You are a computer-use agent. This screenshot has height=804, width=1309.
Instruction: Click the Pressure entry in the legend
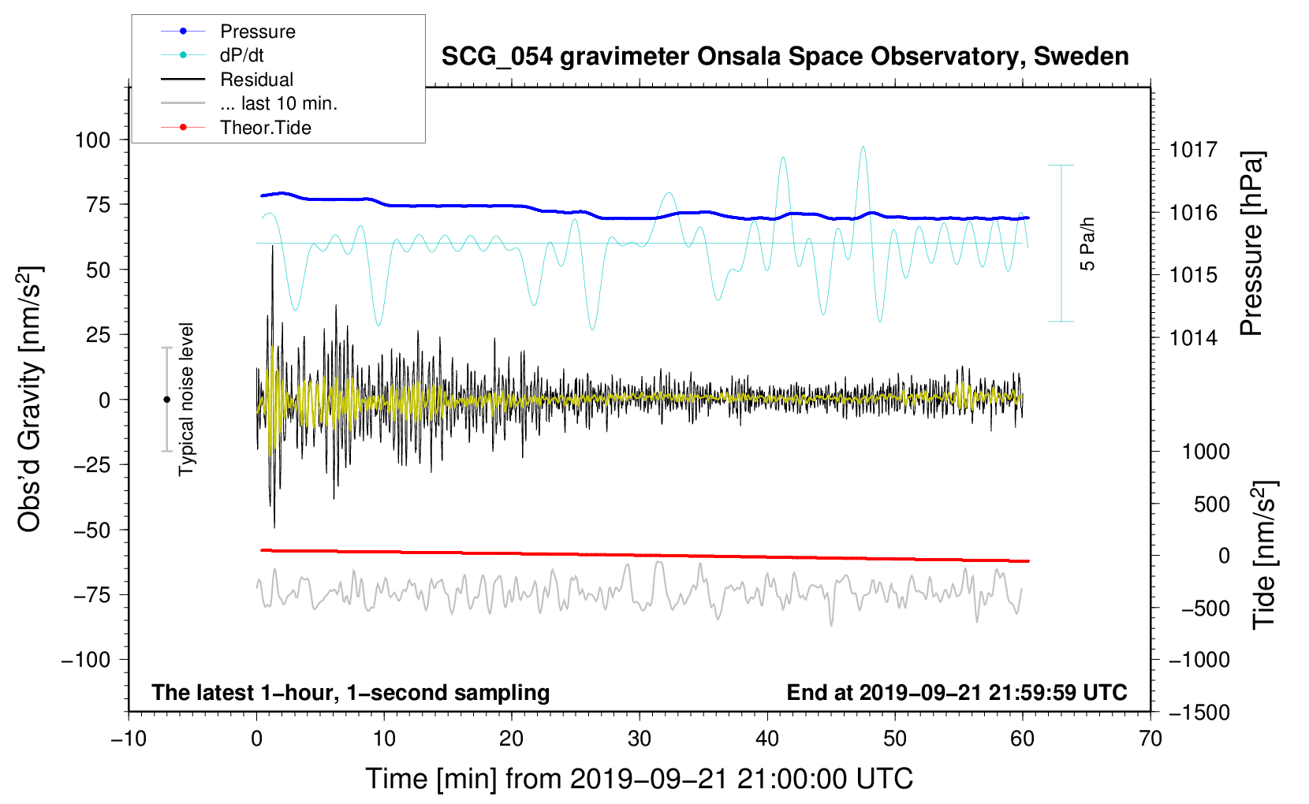pyautogui.click(x=228, y=31)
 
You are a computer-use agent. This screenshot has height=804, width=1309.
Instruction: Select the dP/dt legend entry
pyautogui.click(x=212, y=55)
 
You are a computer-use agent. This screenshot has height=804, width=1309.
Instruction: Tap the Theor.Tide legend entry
pyautogui.click(x=236, y=128)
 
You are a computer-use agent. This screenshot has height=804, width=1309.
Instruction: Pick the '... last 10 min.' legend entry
pyautogui.click(x=249, y=103)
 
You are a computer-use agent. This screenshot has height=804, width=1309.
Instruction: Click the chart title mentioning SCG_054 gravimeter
pyautogui.click(x=785, y=57)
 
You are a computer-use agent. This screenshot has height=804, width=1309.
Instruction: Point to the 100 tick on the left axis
pyautogui.click(x=93, y=140)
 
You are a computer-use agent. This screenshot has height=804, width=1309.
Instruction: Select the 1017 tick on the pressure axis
pyautogui.click(x=1193, y=151)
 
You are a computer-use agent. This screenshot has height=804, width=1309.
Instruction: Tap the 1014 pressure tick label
pyautogui.click(x=1193, y=337)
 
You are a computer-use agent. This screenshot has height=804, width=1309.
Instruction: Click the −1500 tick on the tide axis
pyautogui.click(x=1199, y=713)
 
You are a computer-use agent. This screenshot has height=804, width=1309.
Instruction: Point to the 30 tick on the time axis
pyautogui.click(x=640, y=739)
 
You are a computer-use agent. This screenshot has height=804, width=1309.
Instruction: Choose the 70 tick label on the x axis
pyautogui.click(x=1150, y=739)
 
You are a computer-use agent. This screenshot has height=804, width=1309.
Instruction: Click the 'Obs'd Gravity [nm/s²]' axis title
pyautogui.click(x=29, y=400)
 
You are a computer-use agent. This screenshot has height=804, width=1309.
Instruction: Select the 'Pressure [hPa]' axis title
pyautogui.click(x=1251, y=244)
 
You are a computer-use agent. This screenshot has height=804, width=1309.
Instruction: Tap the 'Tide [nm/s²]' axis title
pyautogui.click(x=1265, y=556)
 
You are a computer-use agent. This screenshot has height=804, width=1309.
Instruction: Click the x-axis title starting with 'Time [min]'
pyautogui.click(x=640, y=779)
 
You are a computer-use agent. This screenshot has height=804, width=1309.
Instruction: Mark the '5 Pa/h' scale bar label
pyautogui.click(x=1087, y=244)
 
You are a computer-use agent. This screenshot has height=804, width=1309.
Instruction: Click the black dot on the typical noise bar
pyautogui.click(x=166, y=400)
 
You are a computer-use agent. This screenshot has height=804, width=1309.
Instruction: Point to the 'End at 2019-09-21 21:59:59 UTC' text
pyautogui.click(x=957, y=692)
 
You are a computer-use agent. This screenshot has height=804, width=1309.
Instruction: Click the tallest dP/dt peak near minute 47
pyautogui.click(x=863, y=147)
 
